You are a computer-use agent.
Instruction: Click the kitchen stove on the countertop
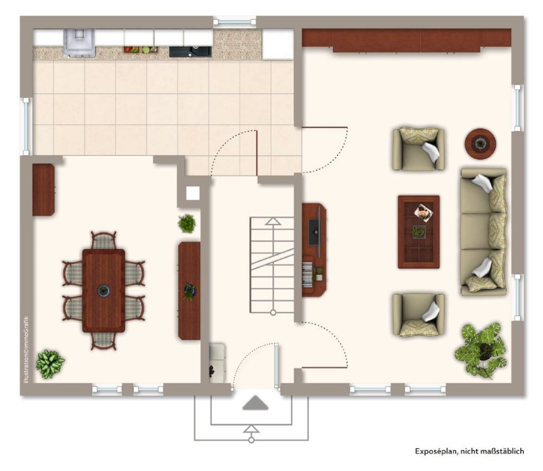[79, 43]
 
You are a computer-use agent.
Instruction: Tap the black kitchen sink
[190, 51]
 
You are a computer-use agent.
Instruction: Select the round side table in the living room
[480, 144]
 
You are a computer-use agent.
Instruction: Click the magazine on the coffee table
[424, 212]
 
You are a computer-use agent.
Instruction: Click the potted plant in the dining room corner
[50, 364]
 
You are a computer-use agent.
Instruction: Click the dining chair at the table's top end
[104, 240]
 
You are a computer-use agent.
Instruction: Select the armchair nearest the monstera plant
[418, 315]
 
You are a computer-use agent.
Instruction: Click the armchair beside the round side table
[418, 149]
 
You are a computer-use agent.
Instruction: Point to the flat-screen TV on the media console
[315, 232]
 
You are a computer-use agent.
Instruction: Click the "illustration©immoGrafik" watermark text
[26, 350]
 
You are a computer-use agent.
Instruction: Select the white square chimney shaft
[193, 193]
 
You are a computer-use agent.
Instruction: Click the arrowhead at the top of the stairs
[273, 222]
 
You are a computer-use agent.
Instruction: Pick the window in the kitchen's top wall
[235, 22]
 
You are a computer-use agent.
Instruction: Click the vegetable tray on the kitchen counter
[141, 49]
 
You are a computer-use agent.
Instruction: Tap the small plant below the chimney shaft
[187, 223]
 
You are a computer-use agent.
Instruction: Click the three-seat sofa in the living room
[483, 231]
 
